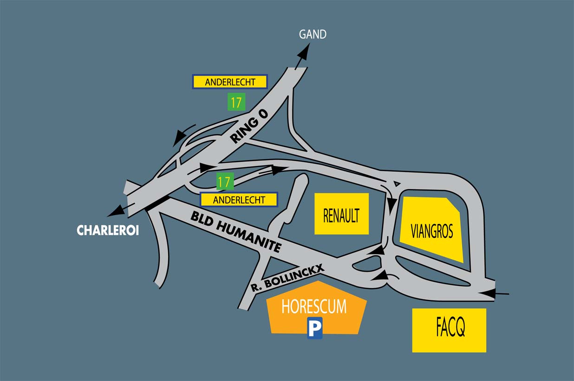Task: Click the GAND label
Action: pos(313,34)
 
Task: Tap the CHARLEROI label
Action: pos(108,230)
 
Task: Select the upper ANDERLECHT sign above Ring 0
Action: pos(230,82)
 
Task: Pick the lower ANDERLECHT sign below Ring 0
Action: pos(239,200)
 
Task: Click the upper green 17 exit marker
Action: pos(236,102)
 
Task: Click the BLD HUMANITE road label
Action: pos(235,232)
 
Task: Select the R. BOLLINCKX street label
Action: pos(287,277)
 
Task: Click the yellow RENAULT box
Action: pos(341,214)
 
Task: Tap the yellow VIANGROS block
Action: pos(431,229)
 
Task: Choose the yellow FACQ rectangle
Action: pos(449,330)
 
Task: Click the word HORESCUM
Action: pos(314,307)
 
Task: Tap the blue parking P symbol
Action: pos(314,330)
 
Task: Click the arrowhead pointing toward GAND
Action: pos(303,53)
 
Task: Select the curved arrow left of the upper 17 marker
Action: pos(179,136)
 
